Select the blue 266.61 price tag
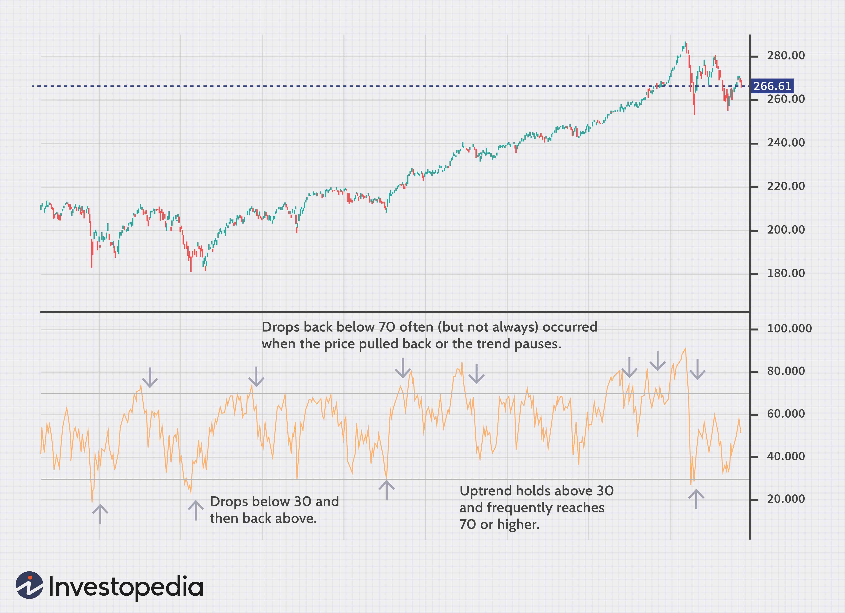pos(772,86)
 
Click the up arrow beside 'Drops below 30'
pos(196,510)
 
